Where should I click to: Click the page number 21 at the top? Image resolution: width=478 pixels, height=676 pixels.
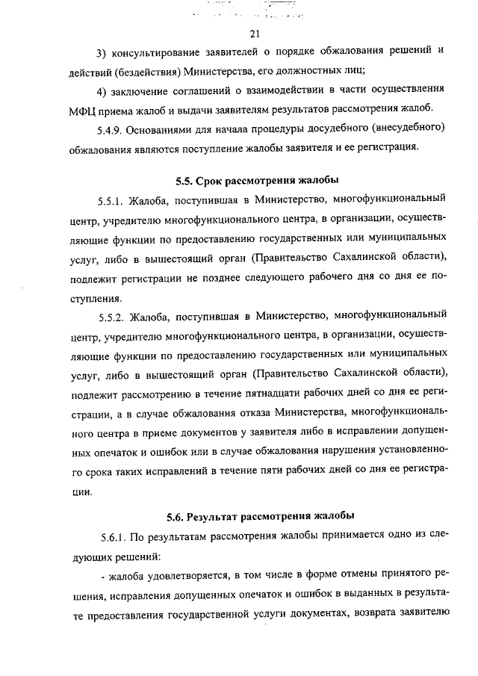click(254, 34)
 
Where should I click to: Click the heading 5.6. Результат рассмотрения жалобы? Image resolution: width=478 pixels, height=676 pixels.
click(261, 515)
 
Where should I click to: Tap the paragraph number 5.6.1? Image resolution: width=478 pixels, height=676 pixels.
click(113, 536)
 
